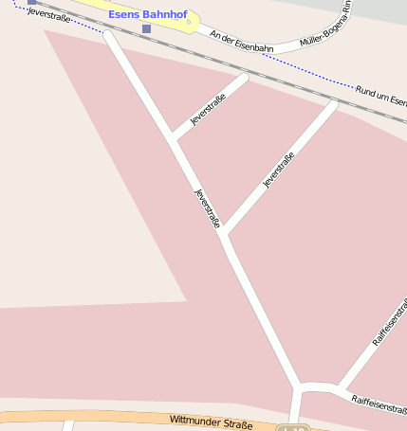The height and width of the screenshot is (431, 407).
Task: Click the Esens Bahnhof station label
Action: pyautogui.click(x=149, y=16)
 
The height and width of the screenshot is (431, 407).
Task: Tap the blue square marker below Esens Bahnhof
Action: pyautogui.click(x=146, y=29)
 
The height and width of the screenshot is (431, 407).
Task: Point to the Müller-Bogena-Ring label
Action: pyautogui.click(x=325, y=29)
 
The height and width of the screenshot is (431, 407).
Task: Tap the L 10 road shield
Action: pyautogui.click(x=295, y=429)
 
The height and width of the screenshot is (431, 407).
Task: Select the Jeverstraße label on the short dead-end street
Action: pyautogui.click(x=208, y=111)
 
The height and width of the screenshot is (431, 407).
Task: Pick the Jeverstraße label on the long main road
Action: pyautogui.click(x=208, y=208)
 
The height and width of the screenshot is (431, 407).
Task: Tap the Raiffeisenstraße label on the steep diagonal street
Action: pyautogui.click(x=390, y=323)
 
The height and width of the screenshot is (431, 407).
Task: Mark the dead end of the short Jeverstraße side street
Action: pyautogui.click(x=244, y=77)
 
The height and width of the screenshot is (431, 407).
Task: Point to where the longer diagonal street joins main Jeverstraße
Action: pyautogui.click(x=226, y=235)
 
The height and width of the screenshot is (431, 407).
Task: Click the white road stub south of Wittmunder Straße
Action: pyautogui.click(x=66, y=425)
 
